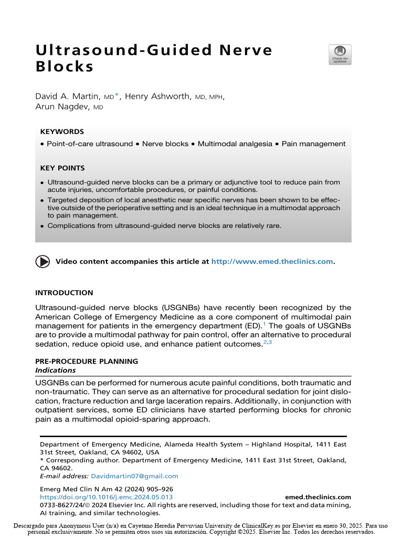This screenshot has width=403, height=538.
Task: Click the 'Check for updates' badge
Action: [340, 55]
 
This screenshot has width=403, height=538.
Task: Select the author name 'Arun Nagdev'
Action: [62, 107]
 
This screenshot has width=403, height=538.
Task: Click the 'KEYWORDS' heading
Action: [62, 132]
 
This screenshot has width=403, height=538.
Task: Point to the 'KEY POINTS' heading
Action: [62, 168]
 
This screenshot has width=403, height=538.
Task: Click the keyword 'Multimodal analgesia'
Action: [235, 143]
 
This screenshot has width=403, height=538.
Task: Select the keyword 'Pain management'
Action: [314, 143]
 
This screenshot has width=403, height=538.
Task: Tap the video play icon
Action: [43, 261]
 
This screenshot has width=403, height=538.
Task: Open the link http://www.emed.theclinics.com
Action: [272, 261]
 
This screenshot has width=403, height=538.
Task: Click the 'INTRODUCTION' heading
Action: [64, 293]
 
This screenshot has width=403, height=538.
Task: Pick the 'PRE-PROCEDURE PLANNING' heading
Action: [87, 361]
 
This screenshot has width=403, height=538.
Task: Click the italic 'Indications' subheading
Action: [55, 370]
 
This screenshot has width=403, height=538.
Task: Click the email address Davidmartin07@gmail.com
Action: [134, 476]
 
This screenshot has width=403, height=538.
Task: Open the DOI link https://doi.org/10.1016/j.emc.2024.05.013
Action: [107, 496]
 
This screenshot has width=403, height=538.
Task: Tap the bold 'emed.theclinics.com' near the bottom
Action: [318, 496]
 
